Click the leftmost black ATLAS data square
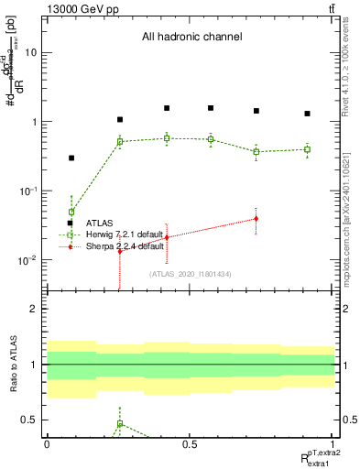click(71, 158)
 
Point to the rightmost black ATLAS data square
click(307, 114)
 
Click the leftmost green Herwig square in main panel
click(71, 212)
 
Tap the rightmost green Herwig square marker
click(307, 149)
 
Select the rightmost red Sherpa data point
click(256, 218)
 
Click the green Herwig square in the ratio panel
click(120, 424)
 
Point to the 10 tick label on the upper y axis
click(31, 52)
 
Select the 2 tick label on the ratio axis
click(34, 309)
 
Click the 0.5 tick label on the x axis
click(190, 444)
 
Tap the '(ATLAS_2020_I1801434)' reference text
click(191, 274)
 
